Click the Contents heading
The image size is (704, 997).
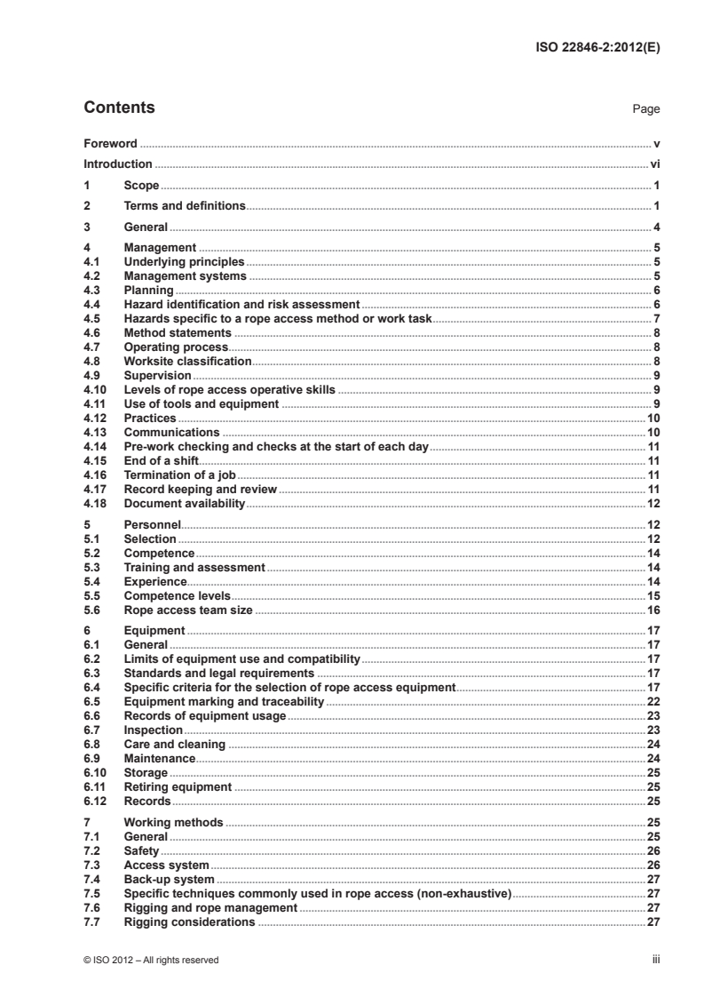coord(119,108)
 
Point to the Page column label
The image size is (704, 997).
coord(645,110)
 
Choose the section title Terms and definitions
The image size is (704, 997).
coord(185,206)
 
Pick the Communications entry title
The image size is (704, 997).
coord(171,432)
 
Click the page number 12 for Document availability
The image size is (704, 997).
coord(652,504)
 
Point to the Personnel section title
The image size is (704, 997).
coord(153,525)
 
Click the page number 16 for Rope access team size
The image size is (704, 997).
coord(652,610)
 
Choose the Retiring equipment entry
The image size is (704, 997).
coord(178,787)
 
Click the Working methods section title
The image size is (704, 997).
coord(174,823)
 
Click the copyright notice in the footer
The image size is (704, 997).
coord(151,960)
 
